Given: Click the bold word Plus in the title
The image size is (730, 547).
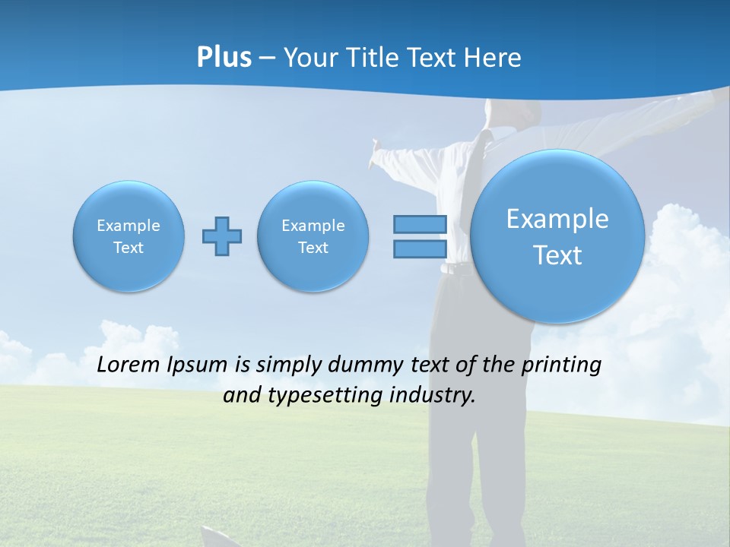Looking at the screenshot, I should click(x=224, y=58).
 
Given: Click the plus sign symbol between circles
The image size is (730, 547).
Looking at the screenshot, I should click(x=222, y=236).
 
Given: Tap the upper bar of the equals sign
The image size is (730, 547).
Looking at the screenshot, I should click(x=420, y=224).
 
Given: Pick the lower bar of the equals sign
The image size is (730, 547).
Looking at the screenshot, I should click(x=420, y=248).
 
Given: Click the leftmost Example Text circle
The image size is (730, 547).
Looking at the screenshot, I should click(x=129, y=236).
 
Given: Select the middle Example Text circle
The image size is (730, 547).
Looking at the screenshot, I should click(x=313, y=236).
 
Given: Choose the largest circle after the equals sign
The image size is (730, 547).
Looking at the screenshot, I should click(x=557, y=236).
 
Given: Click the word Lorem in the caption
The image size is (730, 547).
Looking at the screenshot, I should click(x=129, y=365).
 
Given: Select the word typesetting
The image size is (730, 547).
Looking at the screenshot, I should click(x=322, y=396).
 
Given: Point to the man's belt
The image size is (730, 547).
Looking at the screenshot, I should click(x=455, y=268).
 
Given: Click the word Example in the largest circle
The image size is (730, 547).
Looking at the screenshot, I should click(x=557, y=219).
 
